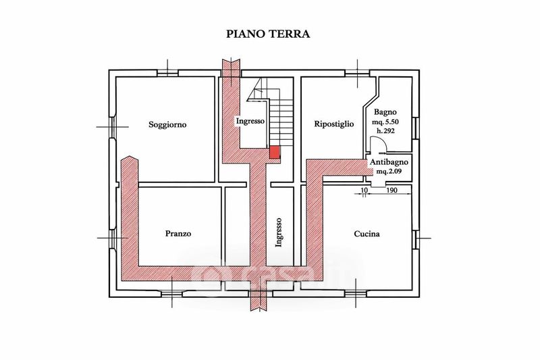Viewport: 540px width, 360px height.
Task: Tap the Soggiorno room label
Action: pyautogui.click(x=167, y=124)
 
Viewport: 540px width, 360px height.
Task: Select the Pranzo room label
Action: pyautogui.click(x=178, y=234)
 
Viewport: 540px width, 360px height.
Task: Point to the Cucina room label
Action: pyautogui.click(x=367, y=234)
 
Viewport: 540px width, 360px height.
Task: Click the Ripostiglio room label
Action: pyautogui.click(x=334, y=124)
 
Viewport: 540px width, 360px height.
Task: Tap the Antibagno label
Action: pyautogui.click(x=387, y=163)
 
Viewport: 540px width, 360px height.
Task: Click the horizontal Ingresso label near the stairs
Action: pyautogui.click(x=249, y=122)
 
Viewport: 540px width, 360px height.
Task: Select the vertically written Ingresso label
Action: pyautogui.click(x=279, y=229)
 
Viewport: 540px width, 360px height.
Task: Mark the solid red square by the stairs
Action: pyautogui.click(x=274, y=152)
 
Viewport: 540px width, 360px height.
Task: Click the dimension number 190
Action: pyautogui.click(x=390, y=191)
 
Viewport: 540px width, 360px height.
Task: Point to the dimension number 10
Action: pyautogui.click(x=364, y=191)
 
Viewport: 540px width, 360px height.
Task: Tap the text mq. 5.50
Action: pyautogui.click(x=387, y=122)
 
